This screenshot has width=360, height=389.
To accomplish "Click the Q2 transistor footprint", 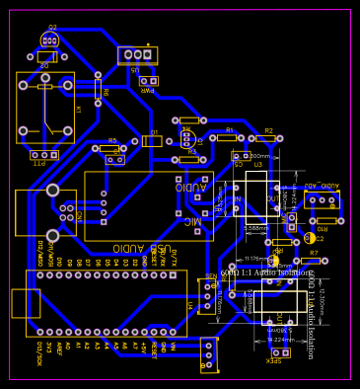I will (49, 39).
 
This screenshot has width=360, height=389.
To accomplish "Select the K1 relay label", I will (78, 109).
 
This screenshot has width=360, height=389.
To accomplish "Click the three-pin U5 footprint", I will (137, 54).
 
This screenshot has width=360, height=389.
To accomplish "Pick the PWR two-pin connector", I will (147, 81).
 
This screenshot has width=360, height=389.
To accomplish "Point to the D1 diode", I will (152, 140).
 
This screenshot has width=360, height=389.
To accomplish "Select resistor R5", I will (109, 148).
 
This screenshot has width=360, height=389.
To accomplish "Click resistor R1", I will (227, 137).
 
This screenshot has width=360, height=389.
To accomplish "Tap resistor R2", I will (265, 138).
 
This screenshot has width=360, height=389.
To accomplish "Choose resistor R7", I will (311, 261).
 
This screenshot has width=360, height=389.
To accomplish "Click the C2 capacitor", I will (311, 237).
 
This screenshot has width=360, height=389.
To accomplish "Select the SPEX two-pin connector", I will (280, 352).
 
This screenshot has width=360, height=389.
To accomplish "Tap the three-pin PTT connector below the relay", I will (43, 155).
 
